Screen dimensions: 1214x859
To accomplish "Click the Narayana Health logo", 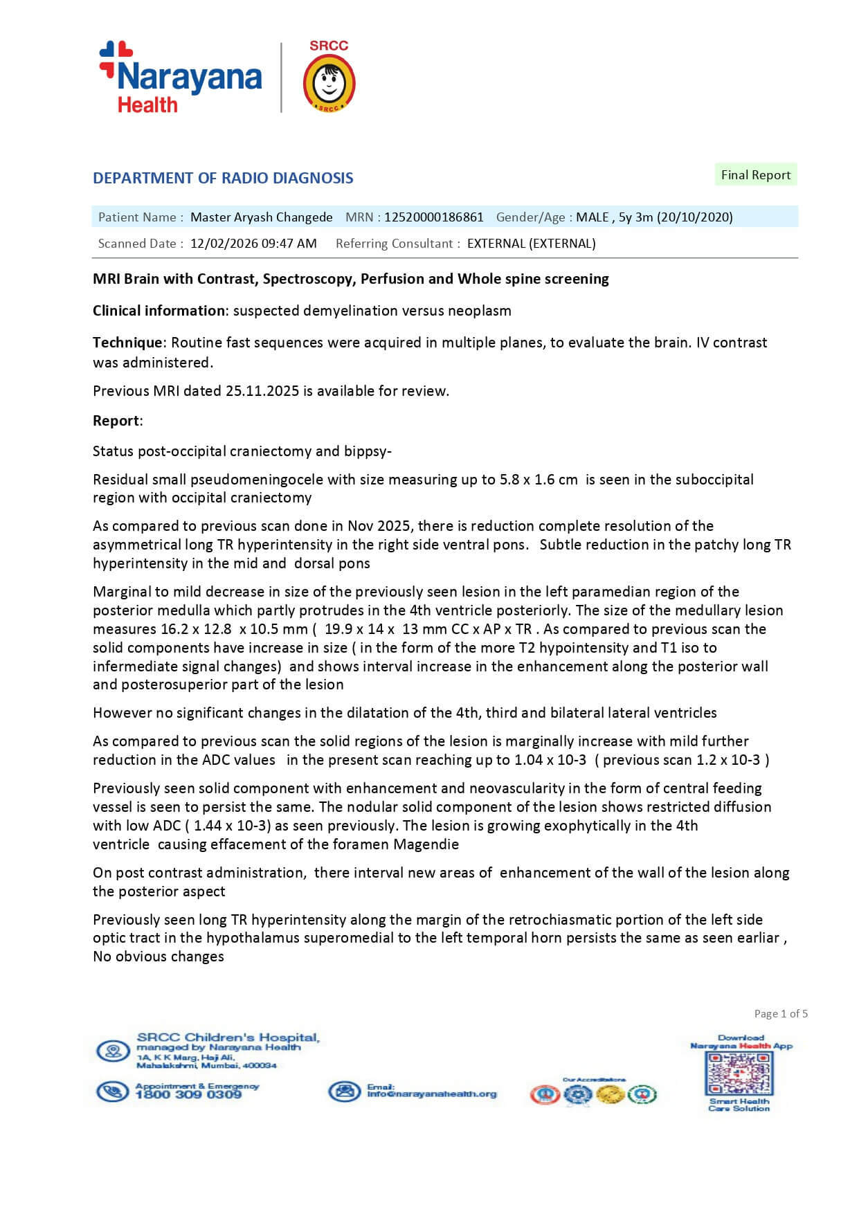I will [181, 77].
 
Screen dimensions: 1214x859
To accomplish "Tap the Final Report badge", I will [755, 175].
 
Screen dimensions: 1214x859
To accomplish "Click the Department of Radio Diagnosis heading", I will [223, 178].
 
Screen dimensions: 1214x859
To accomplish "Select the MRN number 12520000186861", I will [434, 217].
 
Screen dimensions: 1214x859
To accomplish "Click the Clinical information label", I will [159, 311].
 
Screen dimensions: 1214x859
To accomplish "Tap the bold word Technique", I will [127, 343].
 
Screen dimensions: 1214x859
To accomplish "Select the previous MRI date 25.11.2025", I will [262, 391].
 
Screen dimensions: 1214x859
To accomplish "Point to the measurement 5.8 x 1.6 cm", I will [539, 480].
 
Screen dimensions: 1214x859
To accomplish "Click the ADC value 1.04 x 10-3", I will [550, 760].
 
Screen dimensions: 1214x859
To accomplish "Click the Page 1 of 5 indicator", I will [781, 1014].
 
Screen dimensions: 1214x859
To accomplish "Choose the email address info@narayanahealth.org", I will [431, 1094].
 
